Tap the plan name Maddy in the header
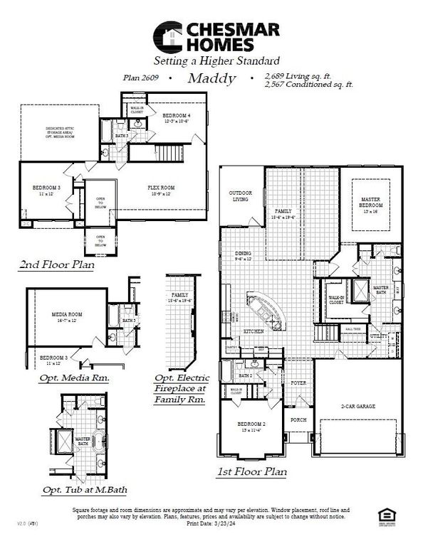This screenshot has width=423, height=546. coord(211,79)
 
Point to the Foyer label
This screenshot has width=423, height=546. coord(298,382)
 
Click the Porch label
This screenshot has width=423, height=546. coord(298,419)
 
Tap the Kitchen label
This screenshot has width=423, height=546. coord(254,331)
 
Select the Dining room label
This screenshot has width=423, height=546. coord(244,256)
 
